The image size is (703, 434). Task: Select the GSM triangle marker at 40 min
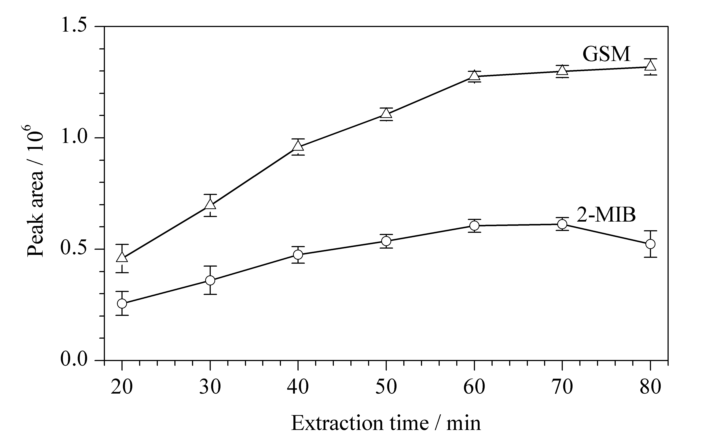tap(298, 146)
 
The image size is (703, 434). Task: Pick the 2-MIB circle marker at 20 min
tap(122, 303)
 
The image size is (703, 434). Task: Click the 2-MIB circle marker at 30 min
tap(210, 280)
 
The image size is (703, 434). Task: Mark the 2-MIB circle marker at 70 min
tap(562, 224)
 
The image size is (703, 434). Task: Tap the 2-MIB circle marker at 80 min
tap(650, 244)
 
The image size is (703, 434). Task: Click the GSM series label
tap(607, 54)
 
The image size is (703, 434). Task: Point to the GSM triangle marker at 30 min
tap(210, 204)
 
